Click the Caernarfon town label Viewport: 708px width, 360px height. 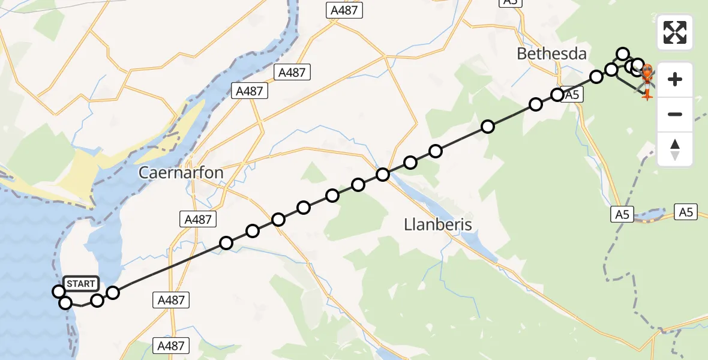tap(181, 173)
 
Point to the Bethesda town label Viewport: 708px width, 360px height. tap(551, 53)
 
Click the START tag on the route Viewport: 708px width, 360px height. tap(80, 284)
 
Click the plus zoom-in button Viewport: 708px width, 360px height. tap(675, 79)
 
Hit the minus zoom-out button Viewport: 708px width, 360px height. tap(675, 114)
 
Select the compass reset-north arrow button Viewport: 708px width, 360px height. tap(675, 149)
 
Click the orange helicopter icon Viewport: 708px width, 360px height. tap(648, 78)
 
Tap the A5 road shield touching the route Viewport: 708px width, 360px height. tap(572, 94)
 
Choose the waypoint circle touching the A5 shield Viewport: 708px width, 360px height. tap(557, 95)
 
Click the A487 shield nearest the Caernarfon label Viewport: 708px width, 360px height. tap(199, 219)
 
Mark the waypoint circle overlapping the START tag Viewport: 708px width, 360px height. tap(59, 292)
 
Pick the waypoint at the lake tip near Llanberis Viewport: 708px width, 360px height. tap(383, 175)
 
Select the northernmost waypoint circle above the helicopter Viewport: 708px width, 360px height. tap(623, 54)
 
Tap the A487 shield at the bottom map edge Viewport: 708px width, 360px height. tap(171, 346)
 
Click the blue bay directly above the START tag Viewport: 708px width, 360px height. tap(99, 247)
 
